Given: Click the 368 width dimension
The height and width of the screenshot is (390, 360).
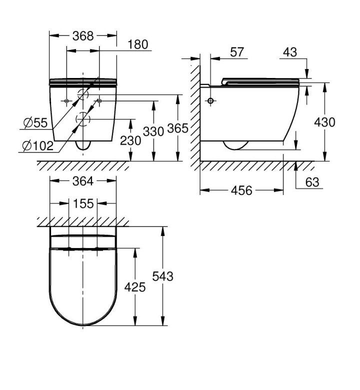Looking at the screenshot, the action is click(83, 36).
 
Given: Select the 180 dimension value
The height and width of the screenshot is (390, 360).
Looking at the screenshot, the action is click(138, 44).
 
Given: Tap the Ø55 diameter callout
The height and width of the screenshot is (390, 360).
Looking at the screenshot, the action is click(35, 122).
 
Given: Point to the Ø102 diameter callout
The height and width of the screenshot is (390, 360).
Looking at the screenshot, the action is click(38, 145).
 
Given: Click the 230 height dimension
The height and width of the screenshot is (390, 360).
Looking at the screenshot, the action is click(130, 141).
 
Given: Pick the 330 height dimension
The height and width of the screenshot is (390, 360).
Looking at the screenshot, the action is click(153, 131).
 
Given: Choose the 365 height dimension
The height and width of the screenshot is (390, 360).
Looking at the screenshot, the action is click(177, 128).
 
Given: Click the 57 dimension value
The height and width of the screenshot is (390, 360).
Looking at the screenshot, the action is click(237, 52).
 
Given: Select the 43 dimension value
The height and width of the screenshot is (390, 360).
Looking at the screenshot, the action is click(290, 52).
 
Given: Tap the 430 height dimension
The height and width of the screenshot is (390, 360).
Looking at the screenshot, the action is click(324, 122).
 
